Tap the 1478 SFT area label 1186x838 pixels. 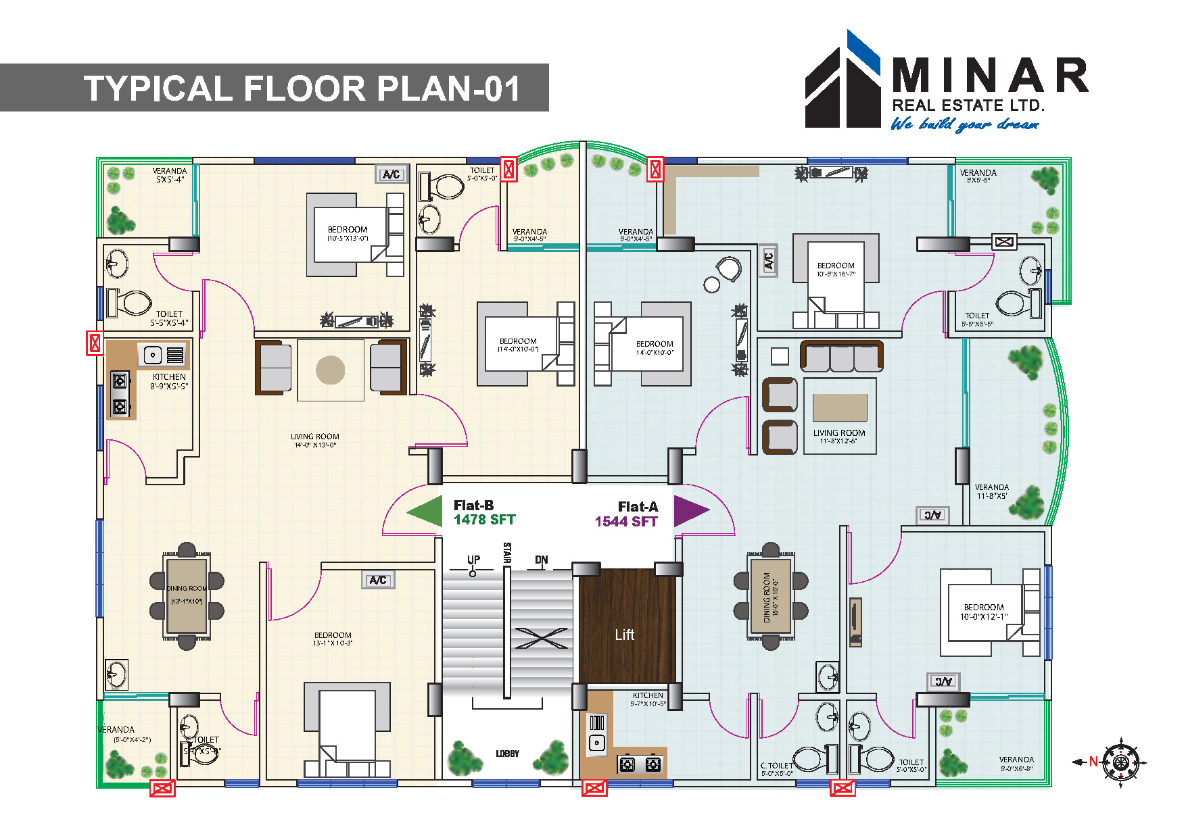(x=484, y=520)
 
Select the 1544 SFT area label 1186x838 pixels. (x=626, y=522)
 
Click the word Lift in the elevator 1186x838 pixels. (x=625, y=635)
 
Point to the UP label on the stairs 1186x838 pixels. (x=473, y=560)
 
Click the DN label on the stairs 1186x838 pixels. (x=541, y=560)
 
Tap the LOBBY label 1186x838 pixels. (x=507, y=754)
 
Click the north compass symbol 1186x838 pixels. (x=1120, y=762)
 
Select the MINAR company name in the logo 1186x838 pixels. (x=989, y=76)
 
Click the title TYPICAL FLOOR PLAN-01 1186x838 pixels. (x=302, y=89)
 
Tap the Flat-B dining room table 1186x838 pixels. (x=187, y=595)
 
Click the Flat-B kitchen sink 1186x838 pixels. (x=153, y=354)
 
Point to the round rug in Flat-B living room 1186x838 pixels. (x=330, y=370)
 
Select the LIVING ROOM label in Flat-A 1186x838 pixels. (x=839, y=433)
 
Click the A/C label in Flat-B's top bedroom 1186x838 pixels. (x=392, y=174)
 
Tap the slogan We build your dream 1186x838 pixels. (x=964, y=124)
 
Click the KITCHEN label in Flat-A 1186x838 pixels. (x=648, y=695)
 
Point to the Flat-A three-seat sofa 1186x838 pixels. (x=842, y=356)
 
